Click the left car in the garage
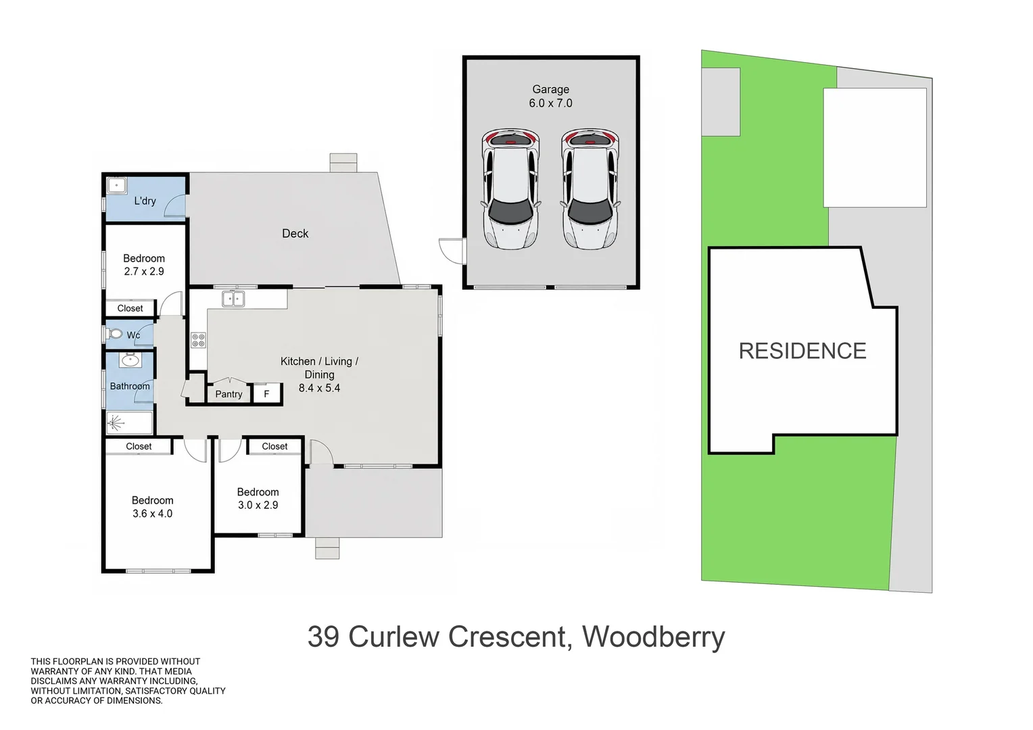tap(510, 189)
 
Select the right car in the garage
tap(590, 189)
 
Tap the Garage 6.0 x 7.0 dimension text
tap(550, 103)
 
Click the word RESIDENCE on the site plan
tap(802, 351)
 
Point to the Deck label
tap(295, 233)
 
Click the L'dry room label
tap(145, 201)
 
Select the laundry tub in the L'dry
tap(117, 186)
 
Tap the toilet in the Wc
tap(114, 333)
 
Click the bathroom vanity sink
tap(130, 360)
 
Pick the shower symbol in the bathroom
tap(116, 422)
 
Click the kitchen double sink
tap(233, 299)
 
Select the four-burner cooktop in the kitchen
tap(198, 340)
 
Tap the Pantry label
tap(229, 394)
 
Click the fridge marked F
tap(266, 394)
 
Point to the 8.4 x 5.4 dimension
tap(319, 388)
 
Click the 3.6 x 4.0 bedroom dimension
tap(152, 514)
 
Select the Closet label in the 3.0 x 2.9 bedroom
tap(274, 446)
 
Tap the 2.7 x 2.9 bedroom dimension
tap(144, 271)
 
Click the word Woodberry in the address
tap(654, 637)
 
